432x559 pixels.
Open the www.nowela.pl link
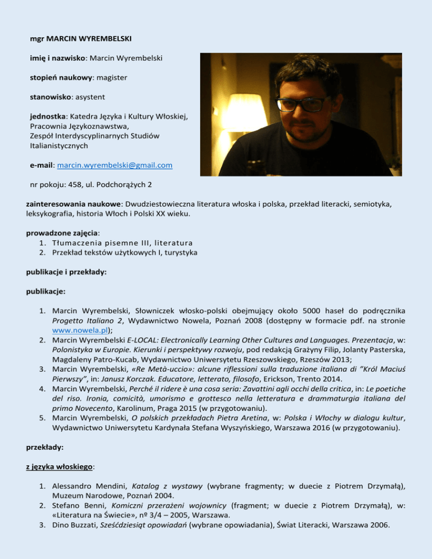click(x=78, y=331)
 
